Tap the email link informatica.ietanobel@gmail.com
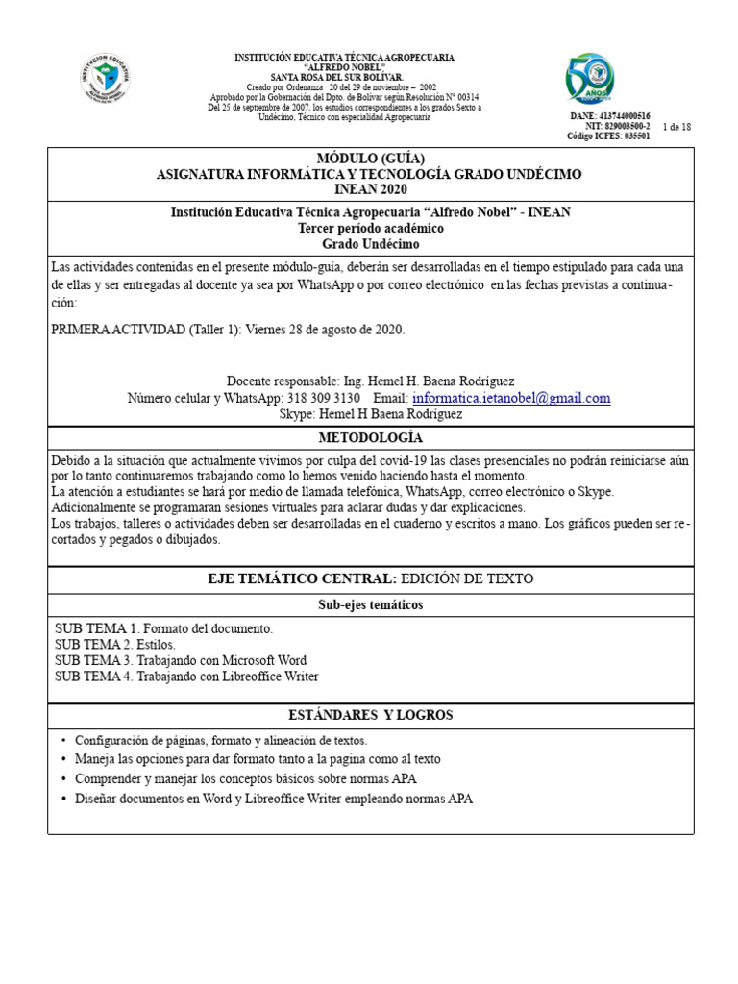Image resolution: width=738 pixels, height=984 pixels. click(x=511, y=398)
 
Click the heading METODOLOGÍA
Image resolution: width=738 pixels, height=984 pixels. click(x=370, y=438)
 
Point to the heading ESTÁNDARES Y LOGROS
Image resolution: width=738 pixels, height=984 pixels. click(x=370, y=715)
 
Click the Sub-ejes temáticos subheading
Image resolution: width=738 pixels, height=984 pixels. click(x=370, y=604)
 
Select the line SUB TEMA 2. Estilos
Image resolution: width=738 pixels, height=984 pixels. click(x=114, y=645)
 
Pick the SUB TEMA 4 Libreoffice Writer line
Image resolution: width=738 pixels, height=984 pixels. click(x=186, y=676)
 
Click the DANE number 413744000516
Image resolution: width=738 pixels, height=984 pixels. click(x=624, y=115)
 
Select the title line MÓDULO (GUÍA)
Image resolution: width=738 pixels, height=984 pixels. click(x=370, y=158)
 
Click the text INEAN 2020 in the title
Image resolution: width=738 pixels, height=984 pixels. click(x=370, y=188)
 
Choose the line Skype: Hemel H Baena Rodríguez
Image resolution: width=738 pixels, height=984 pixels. click(x=370, y=414)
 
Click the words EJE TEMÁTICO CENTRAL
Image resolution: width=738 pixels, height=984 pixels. click(x=302, y=578)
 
